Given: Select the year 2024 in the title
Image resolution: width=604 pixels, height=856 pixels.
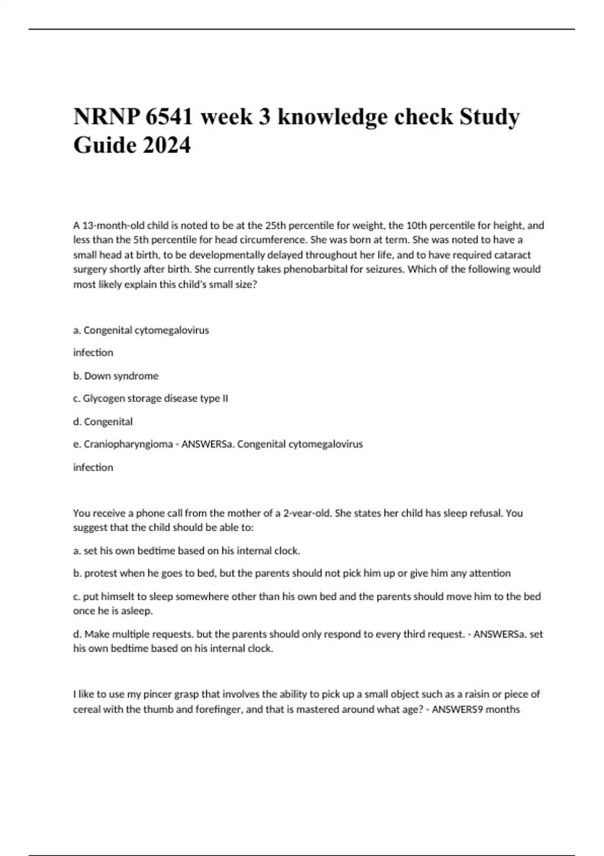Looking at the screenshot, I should (x=167, y=146).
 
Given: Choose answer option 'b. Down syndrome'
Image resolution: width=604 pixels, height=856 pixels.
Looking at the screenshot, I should (x=116, y=376).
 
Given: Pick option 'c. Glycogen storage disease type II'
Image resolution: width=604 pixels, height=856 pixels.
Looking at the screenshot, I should (x=150, y=398).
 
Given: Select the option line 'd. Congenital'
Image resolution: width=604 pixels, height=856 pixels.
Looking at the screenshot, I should (x=103, y=421).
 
